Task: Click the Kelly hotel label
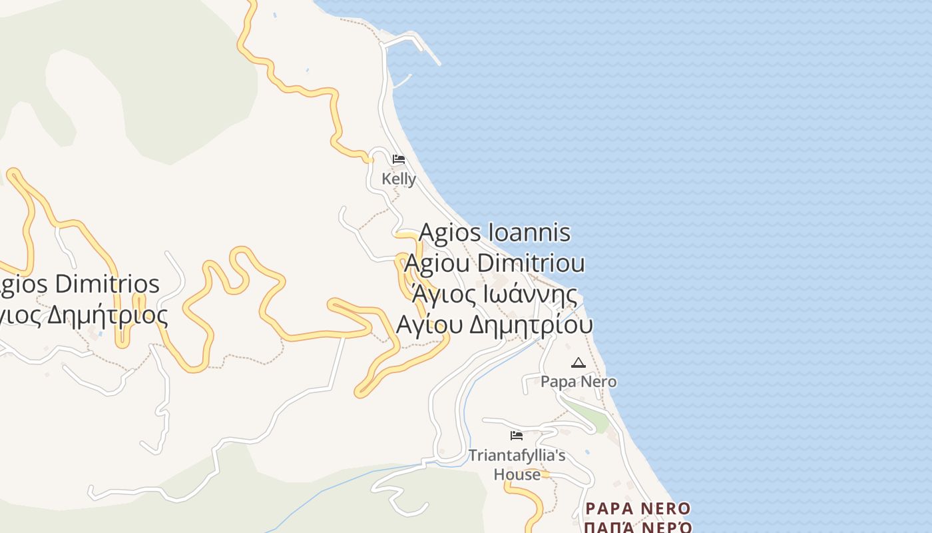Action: click(x=399, y=179)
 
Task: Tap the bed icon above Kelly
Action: click(x=399, y=159)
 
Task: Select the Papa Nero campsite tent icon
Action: click(x=578, y=362)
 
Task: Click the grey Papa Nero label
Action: click(x=579, y=382)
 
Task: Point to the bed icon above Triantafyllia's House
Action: click(x=517, y=436)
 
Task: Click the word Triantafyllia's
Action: click(x=517, y=456)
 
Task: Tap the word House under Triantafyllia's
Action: click(x=517, y=474)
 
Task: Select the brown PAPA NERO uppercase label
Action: click(x=638, y=509)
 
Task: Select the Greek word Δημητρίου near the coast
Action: click(x=531, y=325)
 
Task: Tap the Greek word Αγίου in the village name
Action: click(x=429, y=325)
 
